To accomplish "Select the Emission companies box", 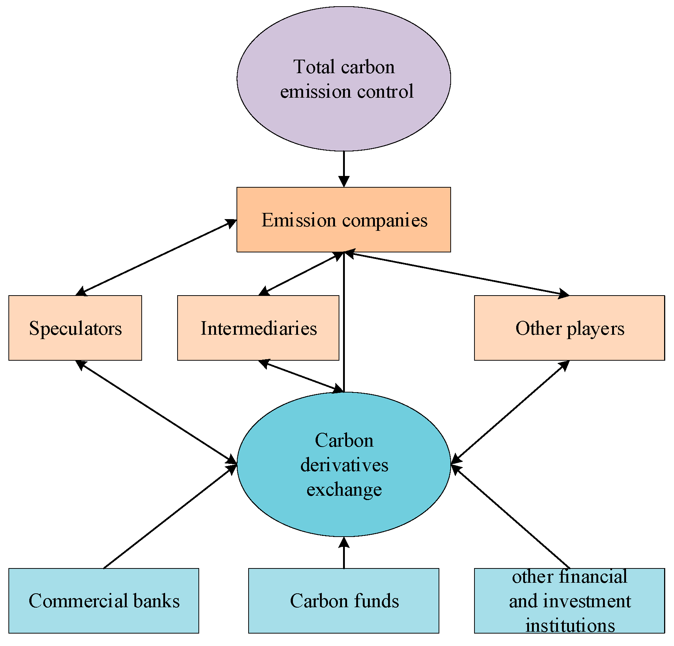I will coord(343,219).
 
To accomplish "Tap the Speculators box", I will coord(75,328).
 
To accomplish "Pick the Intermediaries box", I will coord(258,328).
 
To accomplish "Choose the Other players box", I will coord(569,328).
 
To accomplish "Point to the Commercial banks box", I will coord(104,601).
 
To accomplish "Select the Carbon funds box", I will coord(343,601).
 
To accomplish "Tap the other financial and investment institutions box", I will coord(569,601).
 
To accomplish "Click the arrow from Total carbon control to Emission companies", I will coord(343,168).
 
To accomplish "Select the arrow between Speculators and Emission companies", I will coord(156,257).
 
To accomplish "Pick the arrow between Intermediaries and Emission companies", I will coord(301,273).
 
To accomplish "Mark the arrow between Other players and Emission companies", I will coord(456,273).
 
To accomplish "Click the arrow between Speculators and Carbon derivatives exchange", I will coord(156,412).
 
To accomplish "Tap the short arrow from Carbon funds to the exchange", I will coord(343,554).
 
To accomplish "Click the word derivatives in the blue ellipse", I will coord(344,465).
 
